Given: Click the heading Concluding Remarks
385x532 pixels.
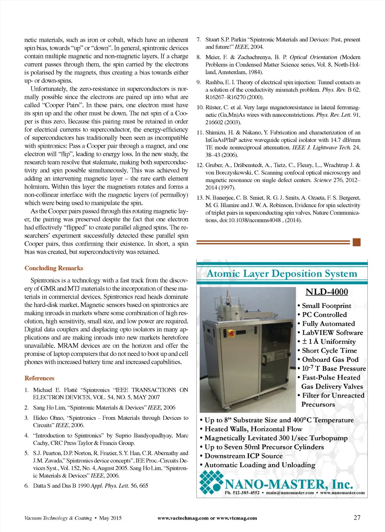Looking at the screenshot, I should (x=54, y=268).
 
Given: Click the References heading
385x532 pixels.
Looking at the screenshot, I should (x=39, y=378).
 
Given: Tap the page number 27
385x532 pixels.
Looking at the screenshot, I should (x=357, y=517).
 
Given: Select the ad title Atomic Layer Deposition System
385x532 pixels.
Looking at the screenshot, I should (x=282, y=274).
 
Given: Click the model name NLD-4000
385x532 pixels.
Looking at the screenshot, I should (x=326, y=292).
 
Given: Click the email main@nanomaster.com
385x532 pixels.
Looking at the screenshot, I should (x=290, y=492).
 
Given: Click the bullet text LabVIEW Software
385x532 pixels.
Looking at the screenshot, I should (x=332, y=332).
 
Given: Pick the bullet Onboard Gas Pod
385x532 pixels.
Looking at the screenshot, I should (x=330, y=360).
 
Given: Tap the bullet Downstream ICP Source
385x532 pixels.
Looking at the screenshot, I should (x=243, y=456).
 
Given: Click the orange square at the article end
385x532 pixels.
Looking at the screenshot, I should (x=357, y=242).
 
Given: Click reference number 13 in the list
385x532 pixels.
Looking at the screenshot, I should (x=200, y=198).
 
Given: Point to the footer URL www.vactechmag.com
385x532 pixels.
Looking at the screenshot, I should (x=183, y=518).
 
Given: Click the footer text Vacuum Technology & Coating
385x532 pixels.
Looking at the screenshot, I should (x=58, y=518).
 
